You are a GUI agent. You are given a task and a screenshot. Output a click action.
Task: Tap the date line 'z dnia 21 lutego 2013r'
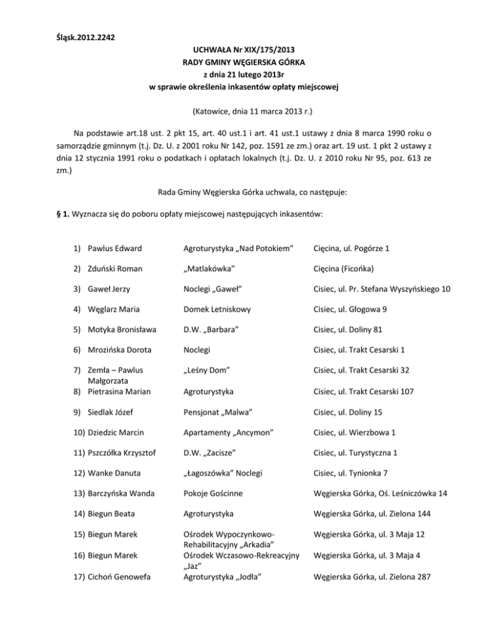(244, 76)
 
